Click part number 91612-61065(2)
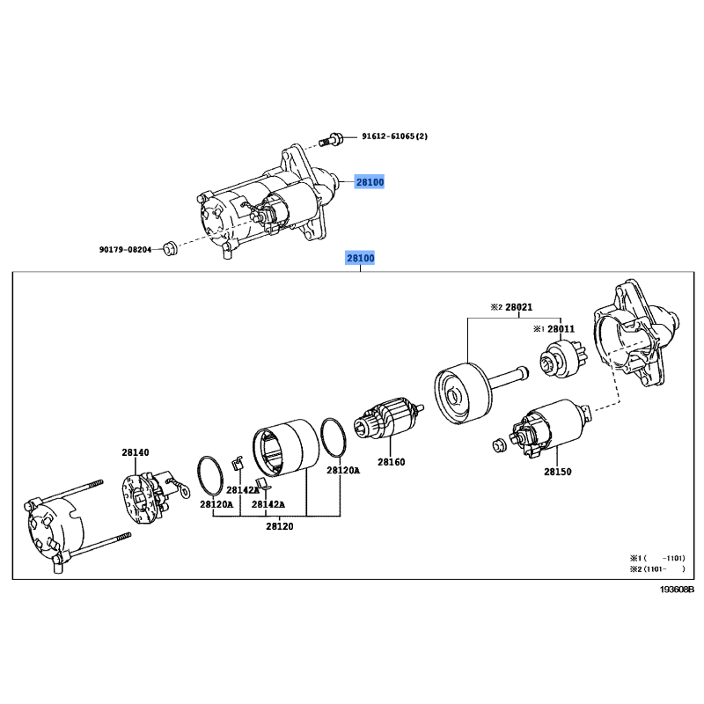tap(394, 136)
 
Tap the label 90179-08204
tap(125, 249)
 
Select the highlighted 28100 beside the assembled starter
tap(370, 182)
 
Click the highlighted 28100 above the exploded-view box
tap(360, 258)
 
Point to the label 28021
tap(518, 307)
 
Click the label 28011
tap(561, 329)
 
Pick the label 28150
tap(558, 472)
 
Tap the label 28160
tap(391, 461)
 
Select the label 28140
tap(136, 452)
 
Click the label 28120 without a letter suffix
tap(280, 526)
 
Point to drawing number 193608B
tap(677, 589)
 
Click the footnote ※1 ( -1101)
tap(657, 558)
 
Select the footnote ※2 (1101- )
tap(657, 568)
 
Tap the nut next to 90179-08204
tap(169, 248)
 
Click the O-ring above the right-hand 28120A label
tap(334, 437)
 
